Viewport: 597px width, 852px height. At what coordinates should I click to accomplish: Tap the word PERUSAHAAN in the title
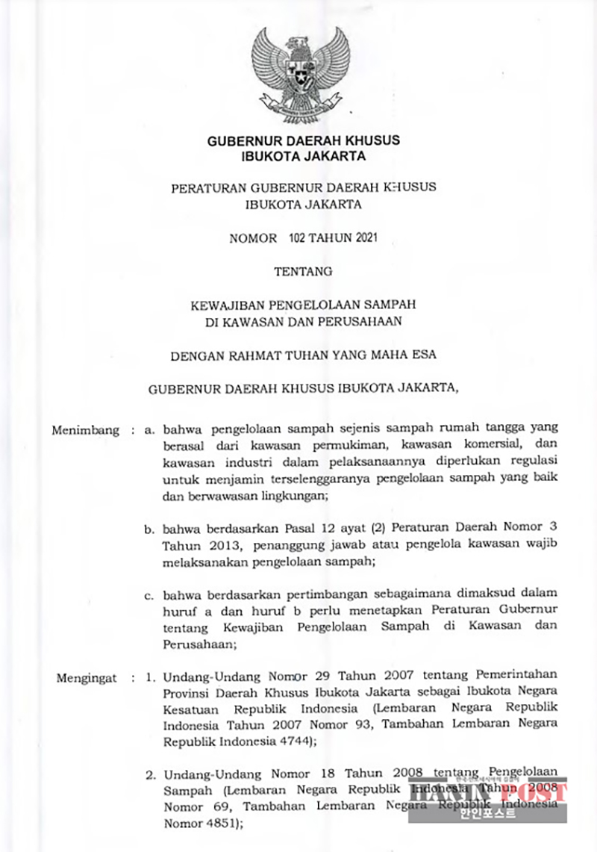(363, 323)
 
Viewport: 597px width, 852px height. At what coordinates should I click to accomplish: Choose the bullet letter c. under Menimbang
(149, 595)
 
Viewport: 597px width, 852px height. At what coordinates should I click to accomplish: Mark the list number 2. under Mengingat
(150, 770)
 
